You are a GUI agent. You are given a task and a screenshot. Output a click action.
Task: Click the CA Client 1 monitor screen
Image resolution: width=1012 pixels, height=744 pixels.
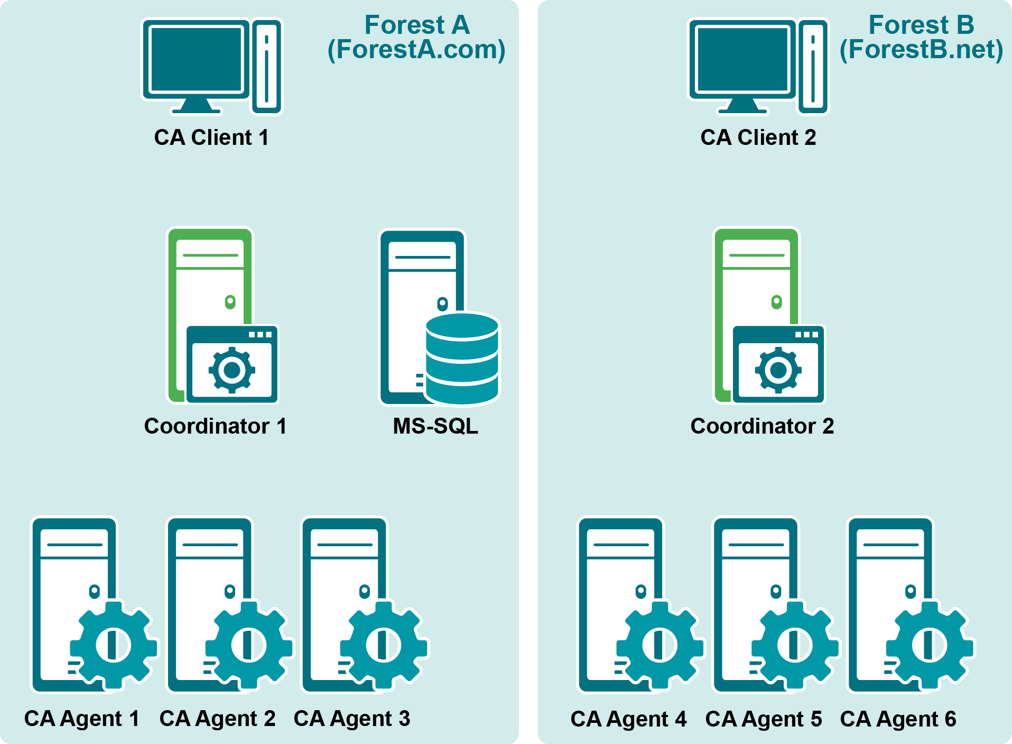[196, 59]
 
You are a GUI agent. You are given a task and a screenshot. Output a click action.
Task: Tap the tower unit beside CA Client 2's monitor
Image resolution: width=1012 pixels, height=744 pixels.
[813, 67]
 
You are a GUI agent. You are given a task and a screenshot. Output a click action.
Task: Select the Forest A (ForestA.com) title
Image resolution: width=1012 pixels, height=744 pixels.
[416, 38]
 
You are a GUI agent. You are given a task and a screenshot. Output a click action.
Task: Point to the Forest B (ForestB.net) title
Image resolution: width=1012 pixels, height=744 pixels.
[921, 38]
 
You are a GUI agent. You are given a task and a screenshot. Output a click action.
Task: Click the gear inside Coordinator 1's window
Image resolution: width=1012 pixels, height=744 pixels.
[232, 370]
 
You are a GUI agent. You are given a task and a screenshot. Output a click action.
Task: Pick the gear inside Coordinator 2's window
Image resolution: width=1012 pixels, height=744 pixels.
[778, 370]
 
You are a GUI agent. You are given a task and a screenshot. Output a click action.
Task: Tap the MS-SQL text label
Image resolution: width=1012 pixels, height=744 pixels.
[435, 426]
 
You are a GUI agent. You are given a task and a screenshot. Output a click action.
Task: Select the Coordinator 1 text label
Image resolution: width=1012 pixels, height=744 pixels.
[215, 426]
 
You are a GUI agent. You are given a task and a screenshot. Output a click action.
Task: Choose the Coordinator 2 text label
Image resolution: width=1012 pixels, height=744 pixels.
[762, 426]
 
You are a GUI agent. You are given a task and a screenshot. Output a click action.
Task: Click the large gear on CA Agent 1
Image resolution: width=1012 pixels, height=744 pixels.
[113, 645]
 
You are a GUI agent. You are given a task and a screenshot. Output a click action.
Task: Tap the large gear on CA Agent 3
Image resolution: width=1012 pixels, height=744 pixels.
[383, 645]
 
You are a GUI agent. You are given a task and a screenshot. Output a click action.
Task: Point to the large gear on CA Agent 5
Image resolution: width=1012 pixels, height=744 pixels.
[795, 645]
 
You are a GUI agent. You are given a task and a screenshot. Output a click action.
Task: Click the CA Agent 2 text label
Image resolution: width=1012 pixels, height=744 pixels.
[217, 719]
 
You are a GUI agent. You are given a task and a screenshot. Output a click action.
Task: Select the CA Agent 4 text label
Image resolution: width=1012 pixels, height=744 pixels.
[628, 719]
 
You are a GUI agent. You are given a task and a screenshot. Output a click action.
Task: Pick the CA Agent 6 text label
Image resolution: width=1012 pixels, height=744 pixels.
[898, 719]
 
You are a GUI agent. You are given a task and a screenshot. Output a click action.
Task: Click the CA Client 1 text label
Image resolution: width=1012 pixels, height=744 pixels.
[211, 137]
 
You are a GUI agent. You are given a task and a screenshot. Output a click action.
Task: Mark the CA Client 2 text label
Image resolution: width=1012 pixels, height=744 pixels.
[758, 137]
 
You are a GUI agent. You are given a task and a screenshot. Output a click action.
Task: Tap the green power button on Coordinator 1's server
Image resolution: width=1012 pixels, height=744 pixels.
[230, 302]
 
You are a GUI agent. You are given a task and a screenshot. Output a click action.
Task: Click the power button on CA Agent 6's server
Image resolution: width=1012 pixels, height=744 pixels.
[910, 591]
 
